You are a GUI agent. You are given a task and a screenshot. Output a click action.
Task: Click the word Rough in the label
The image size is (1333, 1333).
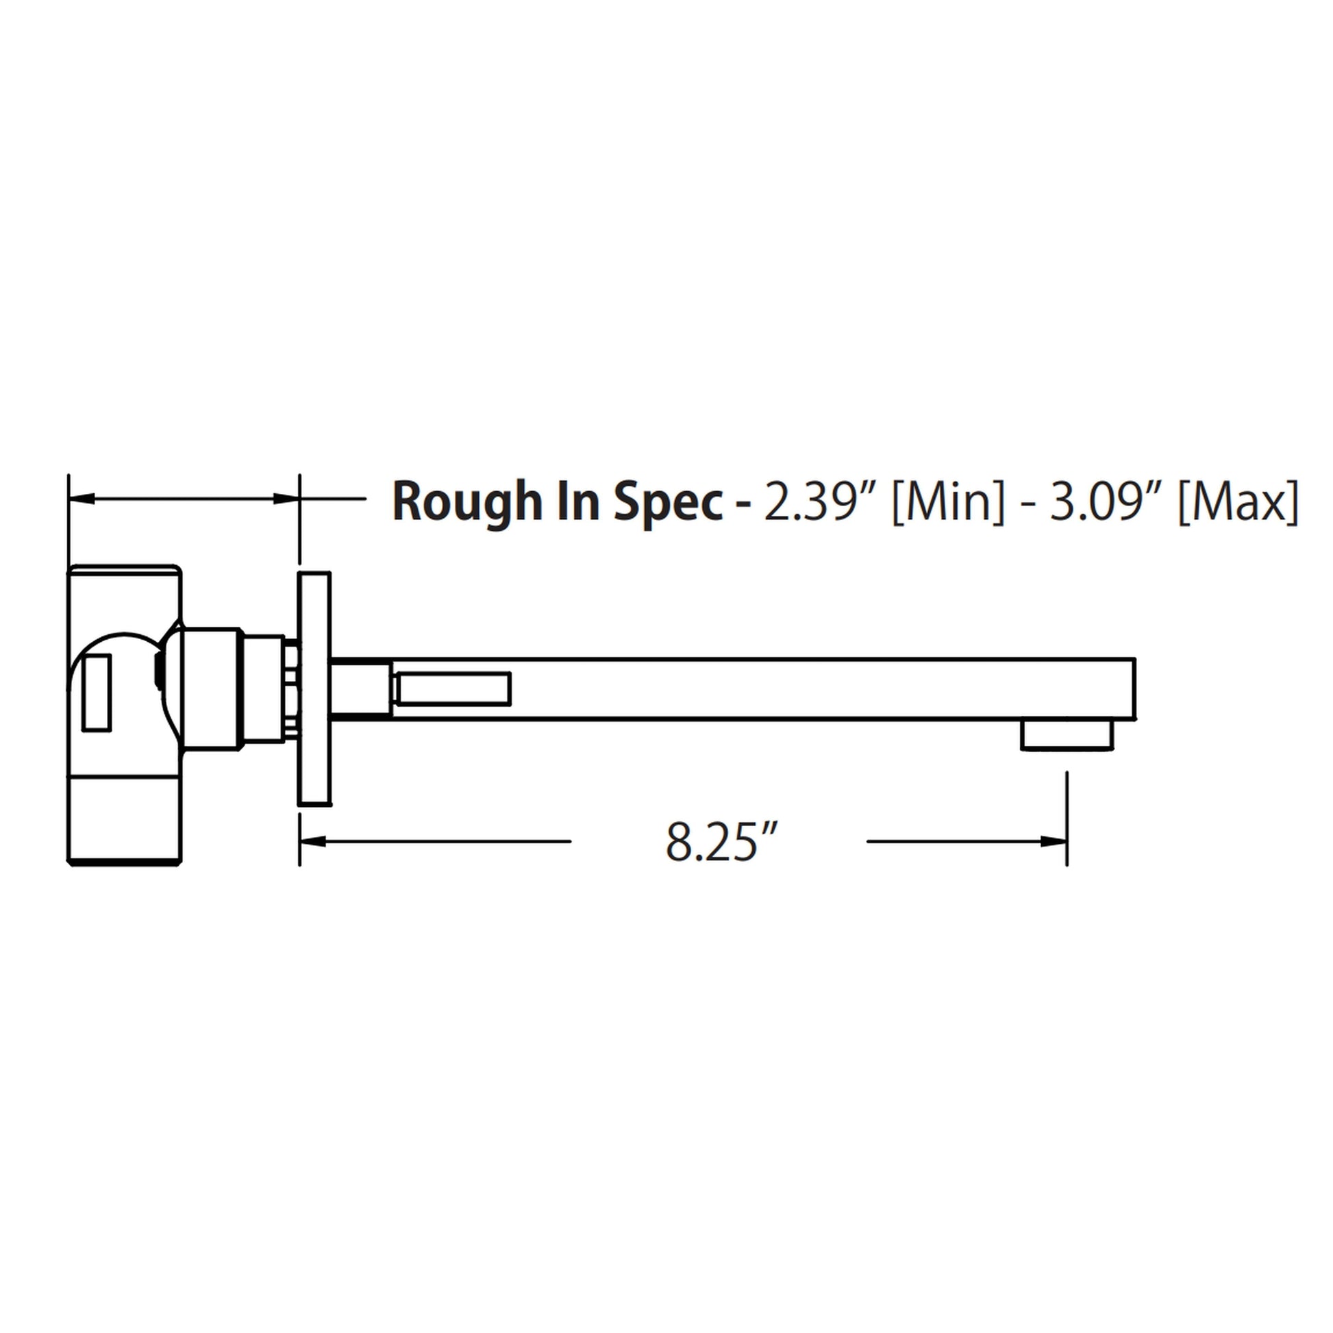point(468,501)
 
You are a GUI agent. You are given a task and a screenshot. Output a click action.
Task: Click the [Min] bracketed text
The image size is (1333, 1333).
point(949,501)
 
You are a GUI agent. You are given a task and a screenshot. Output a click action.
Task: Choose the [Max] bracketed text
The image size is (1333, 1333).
point(1238,501)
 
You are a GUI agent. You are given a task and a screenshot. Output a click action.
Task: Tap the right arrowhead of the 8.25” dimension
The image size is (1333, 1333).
point(1054,841)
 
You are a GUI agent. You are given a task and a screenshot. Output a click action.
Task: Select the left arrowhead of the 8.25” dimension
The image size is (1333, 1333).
point(312,841)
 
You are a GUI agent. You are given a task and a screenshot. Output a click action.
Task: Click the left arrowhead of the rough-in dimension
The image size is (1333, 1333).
point(82,498)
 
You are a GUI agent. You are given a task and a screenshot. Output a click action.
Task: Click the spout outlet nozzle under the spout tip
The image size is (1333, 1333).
point(1067,735)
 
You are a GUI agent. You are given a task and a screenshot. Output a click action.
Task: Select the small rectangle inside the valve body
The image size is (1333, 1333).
point(97,693)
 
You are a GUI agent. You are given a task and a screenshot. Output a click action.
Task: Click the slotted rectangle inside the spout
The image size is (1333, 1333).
point(452,689)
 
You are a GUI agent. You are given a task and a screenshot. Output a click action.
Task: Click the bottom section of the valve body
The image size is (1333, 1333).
point(124,819)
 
